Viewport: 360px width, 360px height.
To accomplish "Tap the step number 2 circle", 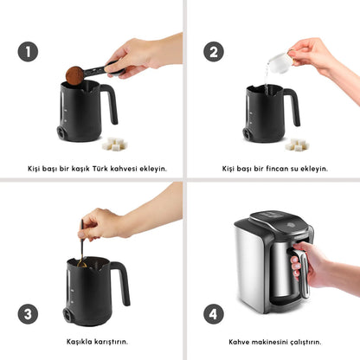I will pos(213,52).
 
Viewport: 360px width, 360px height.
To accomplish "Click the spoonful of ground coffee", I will pos(74,74).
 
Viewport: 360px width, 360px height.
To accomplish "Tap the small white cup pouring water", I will pos(279,61).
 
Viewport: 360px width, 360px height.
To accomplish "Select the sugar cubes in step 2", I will pos(297,143).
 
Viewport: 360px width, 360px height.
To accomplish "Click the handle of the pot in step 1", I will pos(111,104).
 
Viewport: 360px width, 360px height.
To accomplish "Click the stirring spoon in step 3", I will pos(81,242).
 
